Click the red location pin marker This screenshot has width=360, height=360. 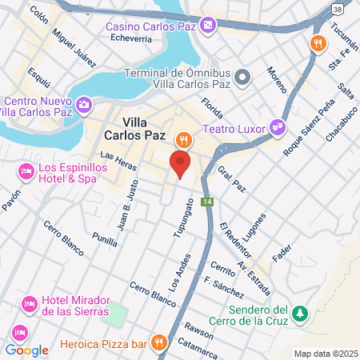point(180,165)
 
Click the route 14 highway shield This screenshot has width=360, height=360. point(207,201)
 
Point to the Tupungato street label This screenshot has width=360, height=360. point(184,216)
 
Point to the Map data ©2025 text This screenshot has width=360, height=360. point(326,354)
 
